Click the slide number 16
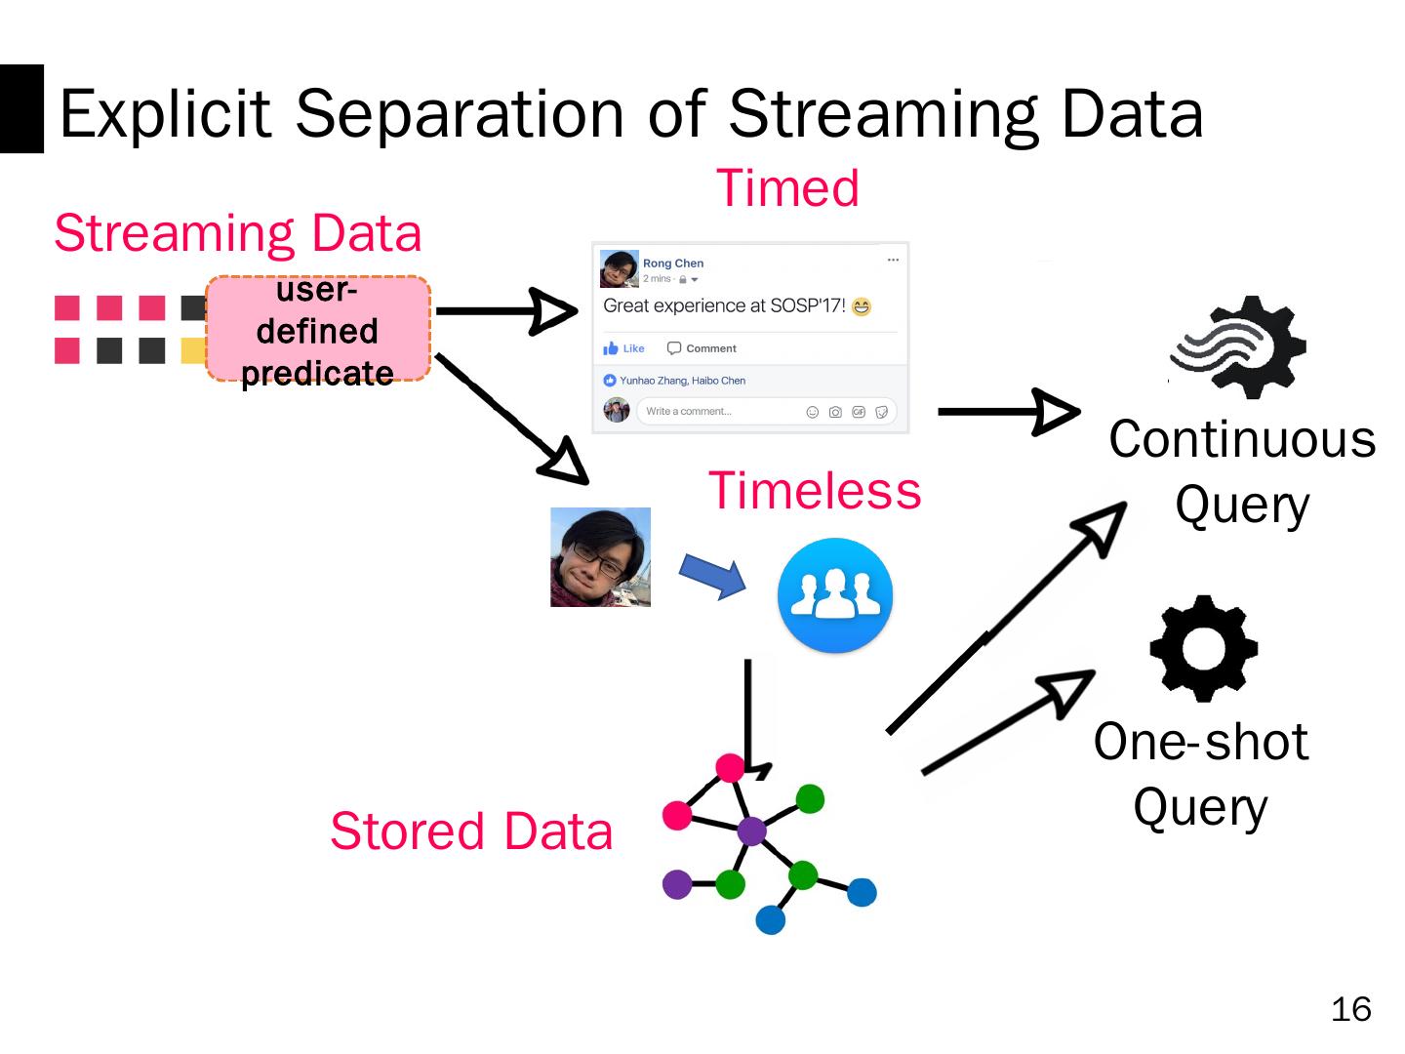coord(1350,1009)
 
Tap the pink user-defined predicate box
coord(318,330)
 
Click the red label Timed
coord(787,187)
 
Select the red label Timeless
coord(814,490)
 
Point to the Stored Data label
coord(471,831)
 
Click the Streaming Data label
coord(238,233)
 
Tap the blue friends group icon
coord(834,594)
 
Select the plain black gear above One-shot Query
coord(1203,648)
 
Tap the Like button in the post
coord(624,348)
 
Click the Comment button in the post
coord(702,348)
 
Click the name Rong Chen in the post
coord(673,263)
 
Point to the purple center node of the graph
coord(751,831)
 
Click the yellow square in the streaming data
coord(193,350)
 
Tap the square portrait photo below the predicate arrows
coord(600,557)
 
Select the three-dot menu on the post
coord(893,260)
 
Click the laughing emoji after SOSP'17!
coord(861,306)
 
